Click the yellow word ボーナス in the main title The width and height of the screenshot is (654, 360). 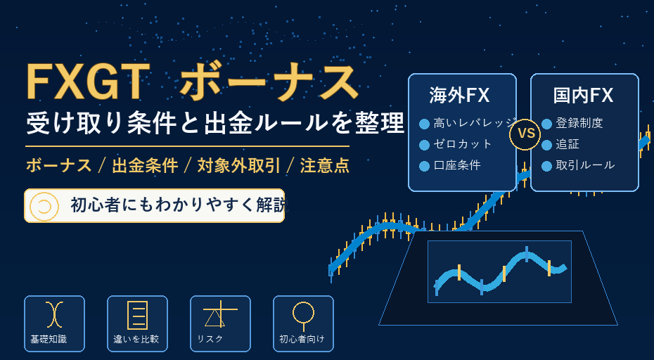click(x=269, y=82)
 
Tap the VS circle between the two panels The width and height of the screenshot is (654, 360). click(x=525, y=134)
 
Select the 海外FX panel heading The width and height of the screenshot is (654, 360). click(x=459, y=96)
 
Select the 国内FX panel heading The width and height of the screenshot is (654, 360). click(x=584, y=96)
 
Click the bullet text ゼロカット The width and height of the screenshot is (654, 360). click(x=463, y=144)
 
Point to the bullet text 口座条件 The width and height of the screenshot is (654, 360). click(x=457, y=165)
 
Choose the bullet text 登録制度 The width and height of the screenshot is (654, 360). click(x=579, y=123)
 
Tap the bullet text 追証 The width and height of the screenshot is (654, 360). click(x=568, y=144)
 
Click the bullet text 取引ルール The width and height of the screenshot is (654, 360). click(x=585, y=165)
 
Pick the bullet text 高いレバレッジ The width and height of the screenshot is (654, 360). click(x=475, y=123)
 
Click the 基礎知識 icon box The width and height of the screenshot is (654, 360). click(x=54, y=323)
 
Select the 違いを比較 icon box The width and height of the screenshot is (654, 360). click(x=137, y=323)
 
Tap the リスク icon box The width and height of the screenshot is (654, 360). click(x=220, y=323)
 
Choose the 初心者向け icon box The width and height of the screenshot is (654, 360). click(x=303, y=323)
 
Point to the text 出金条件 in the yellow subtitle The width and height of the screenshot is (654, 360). click(x=145, y=166)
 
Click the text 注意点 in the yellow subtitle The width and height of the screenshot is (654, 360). click(x=324, y=166)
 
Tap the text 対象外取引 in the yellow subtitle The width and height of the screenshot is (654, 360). click(x=238, y=166)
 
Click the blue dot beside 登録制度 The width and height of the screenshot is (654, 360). click(x=547, y=124)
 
